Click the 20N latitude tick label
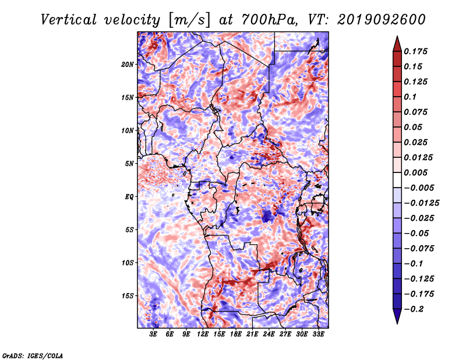pyautogui.click(x=127, y=65)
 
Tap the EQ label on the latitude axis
pyautogui.click(x=129, y=197)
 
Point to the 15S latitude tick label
pyautogui.click(x=128, y=296)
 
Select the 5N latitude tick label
pyautogui.click(x=129, y=164)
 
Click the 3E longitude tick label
pyautogui.click(x=153, y=334)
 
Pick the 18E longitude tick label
pyautogui.click(x=236, y=334)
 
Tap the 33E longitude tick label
pyautogui.click(x=318, y=334)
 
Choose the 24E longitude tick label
pyautogui.click(x=269, y=334)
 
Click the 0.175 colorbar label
pyautogui.click(x=415, y=51)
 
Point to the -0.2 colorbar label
pyautogui.click(x=414, y=309)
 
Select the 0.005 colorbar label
pyautogui.click(x=415, y=172)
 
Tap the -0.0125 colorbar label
pyautogui.click(x=421, y=203)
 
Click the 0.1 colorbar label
pyautogui.click(x=410, y=97)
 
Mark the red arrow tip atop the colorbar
pyautogui.click(x=397, y=36)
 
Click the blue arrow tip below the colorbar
pyautogui.click(x=397, y=323)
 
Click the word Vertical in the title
pyautogui.click(x=69, y=20)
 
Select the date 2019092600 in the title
pyautogui.click(x=382, y=20)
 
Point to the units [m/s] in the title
pyautogui.click(x=189, y=20)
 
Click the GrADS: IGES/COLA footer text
pyautogui.click(x=33, y=355)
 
